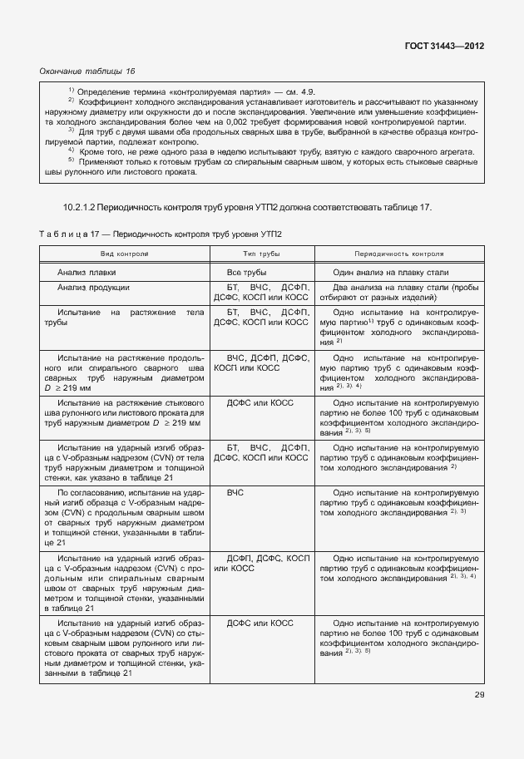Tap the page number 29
click(479, 695)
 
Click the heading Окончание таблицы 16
click(87, 71)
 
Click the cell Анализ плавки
click(87, 272)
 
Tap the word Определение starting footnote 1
click(106, 91)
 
